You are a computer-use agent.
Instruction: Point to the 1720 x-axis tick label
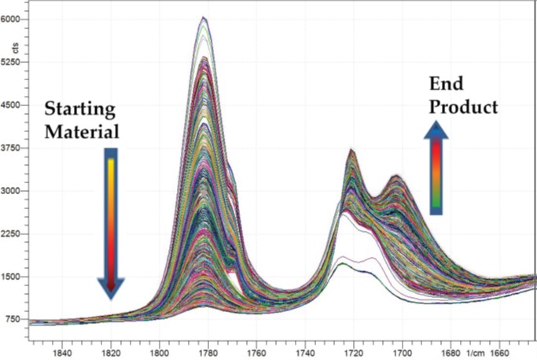pos(355,351)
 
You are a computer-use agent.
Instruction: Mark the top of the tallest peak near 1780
pos(204,17)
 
